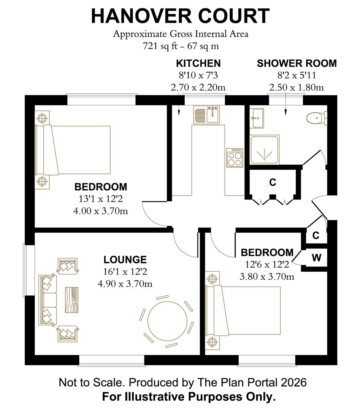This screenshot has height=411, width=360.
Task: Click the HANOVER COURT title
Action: point(180,16)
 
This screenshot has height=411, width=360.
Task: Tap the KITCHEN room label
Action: point(198,64)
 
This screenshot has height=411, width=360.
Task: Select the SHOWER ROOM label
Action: point(297,64)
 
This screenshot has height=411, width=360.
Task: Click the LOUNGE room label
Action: point(125,260)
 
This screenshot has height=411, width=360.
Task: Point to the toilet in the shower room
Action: point(317,118)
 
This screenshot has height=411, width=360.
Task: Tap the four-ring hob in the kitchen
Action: point(235,158)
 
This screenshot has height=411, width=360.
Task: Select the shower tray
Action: point(265,150)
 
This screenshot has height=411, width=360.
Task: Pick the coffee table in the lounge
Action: point(71,299)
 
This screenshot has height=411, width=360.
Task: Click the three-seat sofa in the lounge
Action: point(48,300)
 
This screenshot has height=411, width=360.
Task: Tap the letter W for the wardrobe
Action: point(316,258)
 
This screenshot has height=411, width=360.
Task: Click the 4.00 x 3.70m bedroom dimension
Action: point(100,211)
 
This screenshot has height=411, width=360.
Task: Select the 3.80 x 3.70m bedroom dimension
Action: point(267,277)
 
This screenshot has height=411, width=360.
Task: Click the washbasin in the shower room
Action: point(257,118)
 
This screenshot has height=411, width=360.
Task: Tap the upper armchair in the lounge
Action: point(68,266)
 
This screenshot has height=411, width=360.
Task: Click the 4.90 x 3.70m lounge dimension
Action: point(125,284)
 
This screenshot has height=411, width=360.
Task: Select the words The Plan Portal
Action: point(238,382)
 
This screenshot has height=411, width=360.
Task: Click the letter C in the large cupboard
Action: point(273,182)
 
